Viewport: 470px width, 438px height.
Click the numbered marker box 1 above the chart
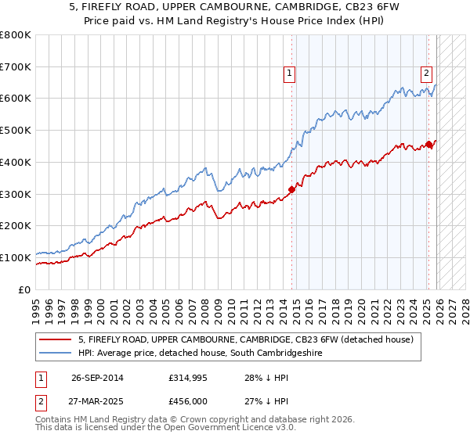tap(290, 74)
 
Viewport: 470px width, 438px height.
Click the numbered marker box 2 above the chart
tap(426, 74)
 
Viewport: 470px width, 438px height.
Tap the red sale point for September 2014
tap(292, 188)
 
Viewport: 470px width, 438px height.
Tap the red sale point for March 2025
tap(429, 144)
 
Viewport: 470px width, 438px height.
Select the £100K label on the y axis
tap(16, 257)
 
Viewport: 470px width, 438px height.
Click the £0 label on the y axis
tap(26, 289)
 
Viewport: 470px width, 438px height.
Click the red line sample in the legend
tap(56, 339)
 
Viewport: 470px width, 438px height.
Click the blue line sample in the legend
tap(56, 354)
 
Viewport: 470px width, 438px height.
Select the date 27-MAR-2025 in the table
tap(97, 400)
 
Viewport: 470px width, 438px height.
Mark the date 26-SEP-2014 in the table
tap(97, 378)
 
